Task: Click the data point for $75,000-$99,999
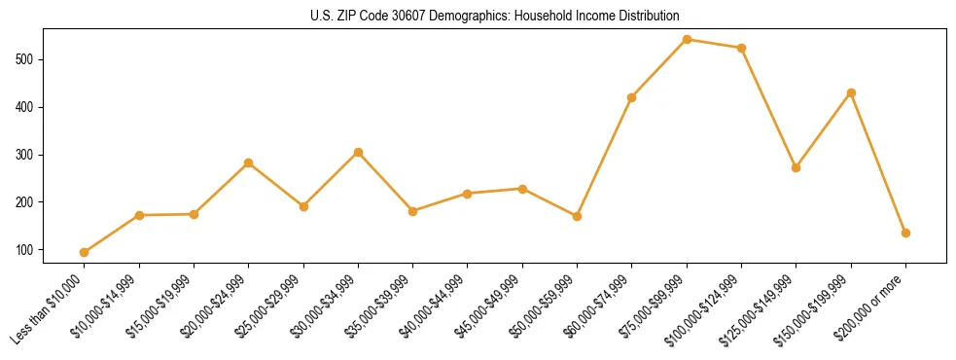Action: (687, 40)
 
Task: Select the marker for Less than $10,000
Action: (84, 252)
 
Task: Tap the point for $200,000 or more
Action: (905, 233)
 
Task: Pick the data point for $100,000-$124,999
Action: (741, 48)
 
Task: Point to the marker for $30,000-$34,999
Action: (358, 153)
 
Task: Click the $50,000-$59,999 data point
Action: (577, 216)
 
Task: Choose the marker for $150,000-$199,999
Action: (851, 92)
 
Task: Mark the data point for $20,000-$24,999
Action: (248, 162)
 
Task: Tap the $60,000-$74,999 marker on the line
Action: (632, 97)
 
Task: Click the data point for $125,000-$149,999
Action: (797, 167)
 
